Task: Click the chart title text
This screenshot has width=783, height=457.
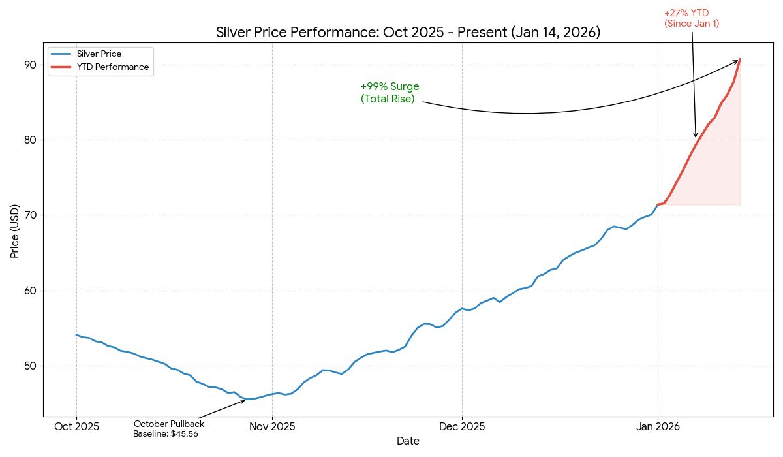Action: click(408, 33)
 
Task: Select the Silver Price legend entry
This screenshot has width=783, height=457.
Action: click(99, 54)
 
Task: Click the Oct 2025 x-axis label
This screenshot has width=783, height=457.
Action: click(76, 427)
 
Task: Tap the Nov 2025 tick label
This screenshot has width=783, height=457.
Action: click(272, 427)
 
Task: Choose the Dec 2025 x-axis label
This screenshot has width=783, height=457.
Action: click(461, 427)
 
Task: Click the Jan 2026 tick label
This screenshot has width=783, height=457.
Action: click(658, 427)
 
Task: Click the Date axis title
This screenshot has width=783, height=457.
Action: click(408, 441)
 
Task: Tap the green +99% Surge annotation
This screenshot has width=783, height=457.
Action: click(390, 93)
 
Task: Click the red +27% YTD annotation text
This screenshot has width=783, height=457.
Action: click(691, 18)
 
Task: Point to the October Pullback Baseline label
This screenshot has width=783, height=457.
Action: click(166, 429)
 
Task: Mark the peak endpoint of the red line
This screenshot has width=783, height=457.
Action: click(740, 59)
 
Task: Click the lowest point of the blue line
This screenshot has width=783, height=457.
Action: click(247, 399)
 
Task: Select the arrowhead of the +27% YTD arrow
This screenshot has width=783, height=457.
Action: click(696, 136)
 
